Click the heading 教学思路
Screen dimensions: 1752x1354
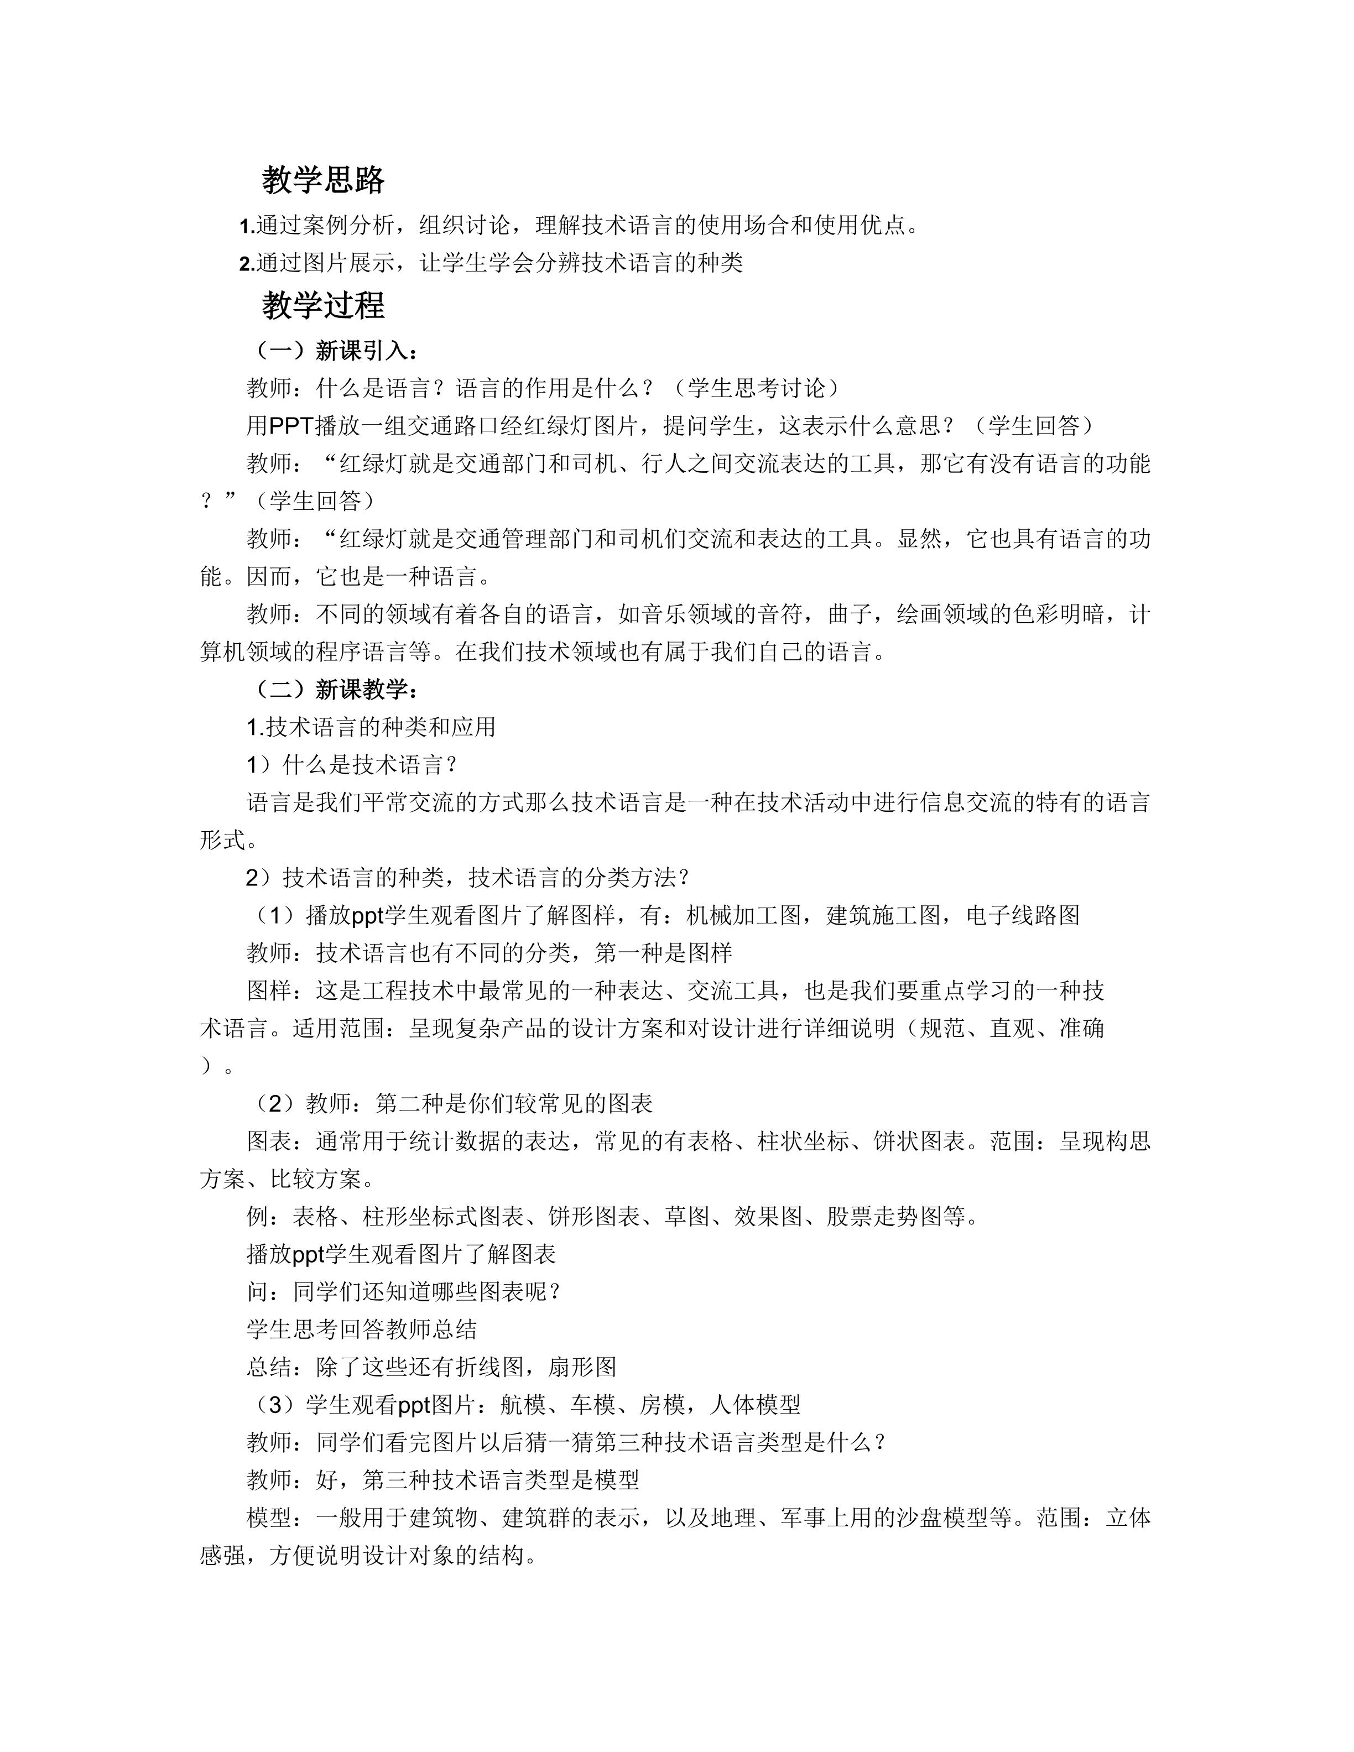click(x=322, y=180)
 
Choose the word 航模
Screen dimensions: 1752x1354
click(x=522, y=1405)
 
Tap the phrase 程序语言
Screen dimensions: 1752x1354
click(x=363, y=652)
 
